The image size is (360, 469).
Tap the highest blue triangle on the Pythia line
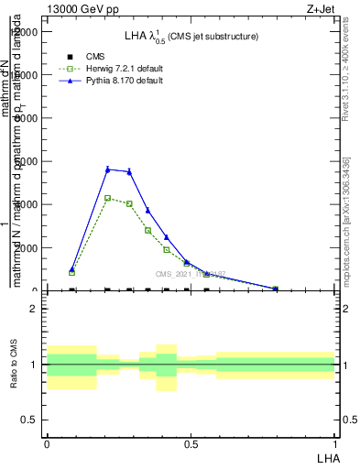click(x=107, y=169)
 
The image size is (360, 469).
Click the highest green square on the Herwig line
click(x=107, y=198)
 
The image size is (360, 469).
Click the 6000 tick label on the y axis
click(x=26, y=161)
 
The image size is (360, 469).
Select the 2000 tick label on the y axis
click(x=26, y=248)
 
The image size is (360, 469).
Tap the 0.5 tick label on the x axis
click(x=191, y=443)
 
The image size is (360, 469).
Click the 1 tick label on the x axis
click(x=334, y=443)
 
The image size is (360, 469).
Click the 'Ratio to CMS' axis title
click(x=14, y=365)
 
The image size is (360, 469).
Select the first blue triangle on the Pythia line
click(x=72, y=269)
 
